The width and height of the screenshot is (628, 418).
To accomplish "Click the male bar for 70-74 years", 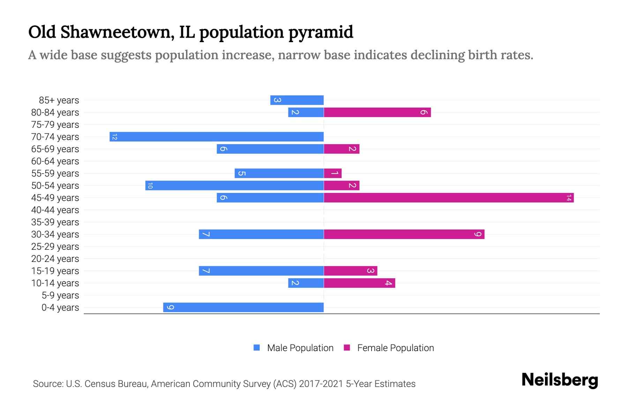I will [x=217, y=137].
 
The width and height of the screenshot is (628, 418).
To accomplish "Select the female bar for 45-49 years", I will [x=449, y=198].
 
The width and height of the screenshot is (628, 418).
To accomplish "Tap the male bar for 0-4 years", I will [x=244, y=307].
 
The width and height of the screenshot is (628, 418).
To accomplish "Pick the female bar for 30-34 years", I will [x=404, y=234].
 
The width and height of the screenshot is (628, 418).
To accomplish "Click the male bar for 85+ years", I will [x=297, y=100].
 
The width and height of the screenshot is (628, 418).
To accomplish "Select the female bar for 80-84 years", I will [x=377, y=112].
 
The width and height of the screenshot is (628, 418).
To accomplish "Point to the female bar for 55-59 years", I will [x=332, y=173].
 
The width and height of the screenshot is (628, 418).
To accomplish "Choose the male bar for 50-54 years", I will [x=234, y=185].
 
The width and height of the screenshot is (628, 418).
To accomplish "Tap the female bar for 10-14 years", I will [x=359, y=283].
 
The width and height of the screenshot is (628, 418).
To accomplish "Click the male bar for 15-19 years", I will [x=261, y=271].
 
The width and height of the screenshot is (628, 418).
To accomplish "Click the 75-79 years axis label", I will [x=55, y=125].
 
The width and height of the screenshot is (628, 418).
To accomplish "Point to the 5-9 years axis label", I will [x=60, y=295].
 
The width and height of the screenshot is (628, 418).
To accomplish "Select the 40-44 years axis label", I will [x=55, y=210].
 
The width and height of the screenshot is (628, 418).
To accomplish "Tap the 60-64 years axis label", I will [x=55, y=161].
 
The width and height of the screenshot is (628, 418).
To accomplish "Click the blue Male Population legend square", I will [x=257, y=348].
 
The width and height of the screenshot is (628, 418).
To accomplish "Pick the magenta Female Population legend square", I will [x=347, y=348].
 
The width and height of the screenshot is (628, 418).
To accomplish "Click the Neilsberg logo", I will [x=560, y=380].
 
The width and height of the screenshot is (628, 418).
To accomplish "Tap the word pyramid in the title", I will [x=321, y=32].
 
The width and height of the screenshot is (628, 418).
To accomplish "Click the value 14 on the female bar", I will [x=569, y=198].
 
